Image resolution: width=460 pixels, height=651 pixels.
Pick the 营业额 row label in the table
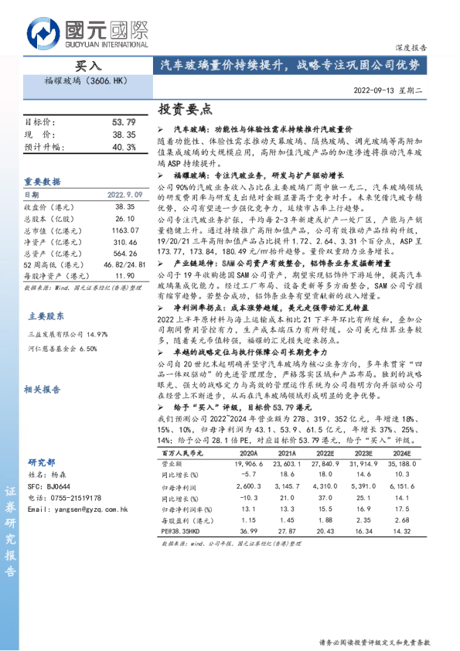click(172, 462)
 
